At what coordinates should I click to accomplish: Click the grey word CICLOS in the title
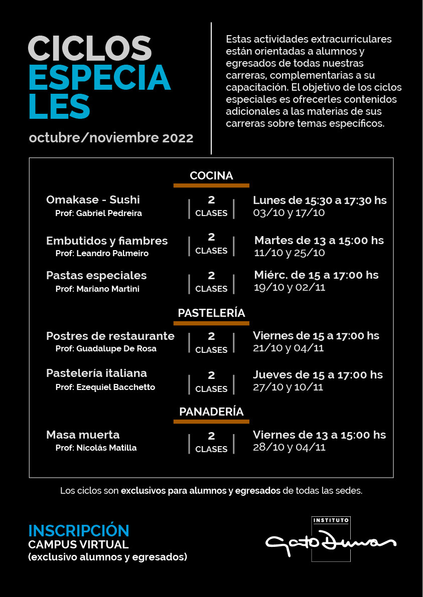tap(90, 49)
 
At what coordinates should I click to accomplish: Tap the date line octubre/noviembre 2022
tap(111, 138)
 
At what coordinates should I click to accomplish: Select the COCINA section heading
tap(211, 176)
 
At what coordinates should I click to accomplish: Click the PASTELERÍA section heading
tap(211, 313)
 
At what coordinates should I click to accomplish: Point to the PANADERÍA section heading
tap(211, 412)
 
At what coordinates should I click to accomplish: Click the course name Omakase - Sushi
tap(93, 200)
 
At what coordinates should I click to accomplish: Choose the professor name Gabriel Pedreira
tap(98, 214)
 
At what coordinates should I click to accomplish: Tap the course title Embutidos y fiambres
tap(107, 241)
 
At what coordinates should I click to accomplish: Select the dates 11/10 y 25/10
tap(290, 253)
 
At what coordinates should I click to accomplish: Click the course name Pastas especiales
tap(96, 275)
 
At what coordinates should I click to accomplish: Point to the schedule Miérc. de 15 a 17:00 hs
tap(316, 275)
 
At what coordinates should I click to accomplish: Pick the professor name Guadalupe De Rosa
tap(106, 349)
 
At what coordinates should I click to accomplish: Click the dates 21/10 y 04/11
tap(288, 348)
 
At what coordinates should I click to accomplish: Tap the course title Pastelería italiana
tap(96, 373)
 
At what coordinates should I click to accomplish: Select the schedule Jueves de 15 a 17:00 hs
tap(318, 374)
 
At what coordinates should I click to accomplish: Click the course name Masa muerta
tap(83, 435)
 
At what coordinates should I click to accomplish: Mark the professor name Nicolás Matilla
tap(96, 448)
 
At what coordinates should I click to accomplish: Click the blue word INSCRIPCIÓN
tap(79, 531)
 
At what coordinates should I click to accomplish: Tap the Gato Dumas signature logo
tap(331, 542)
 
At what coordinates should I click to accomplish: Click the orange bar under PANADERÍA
tap(211, 422)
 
